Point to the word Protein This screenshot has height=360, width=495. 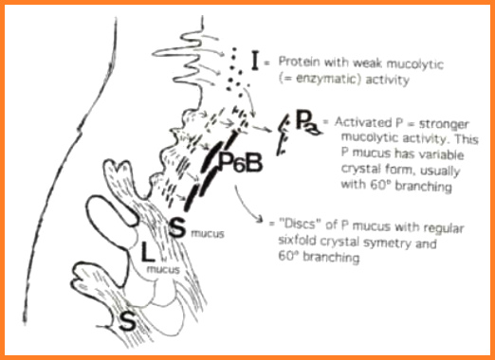[x=297, y=64]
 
